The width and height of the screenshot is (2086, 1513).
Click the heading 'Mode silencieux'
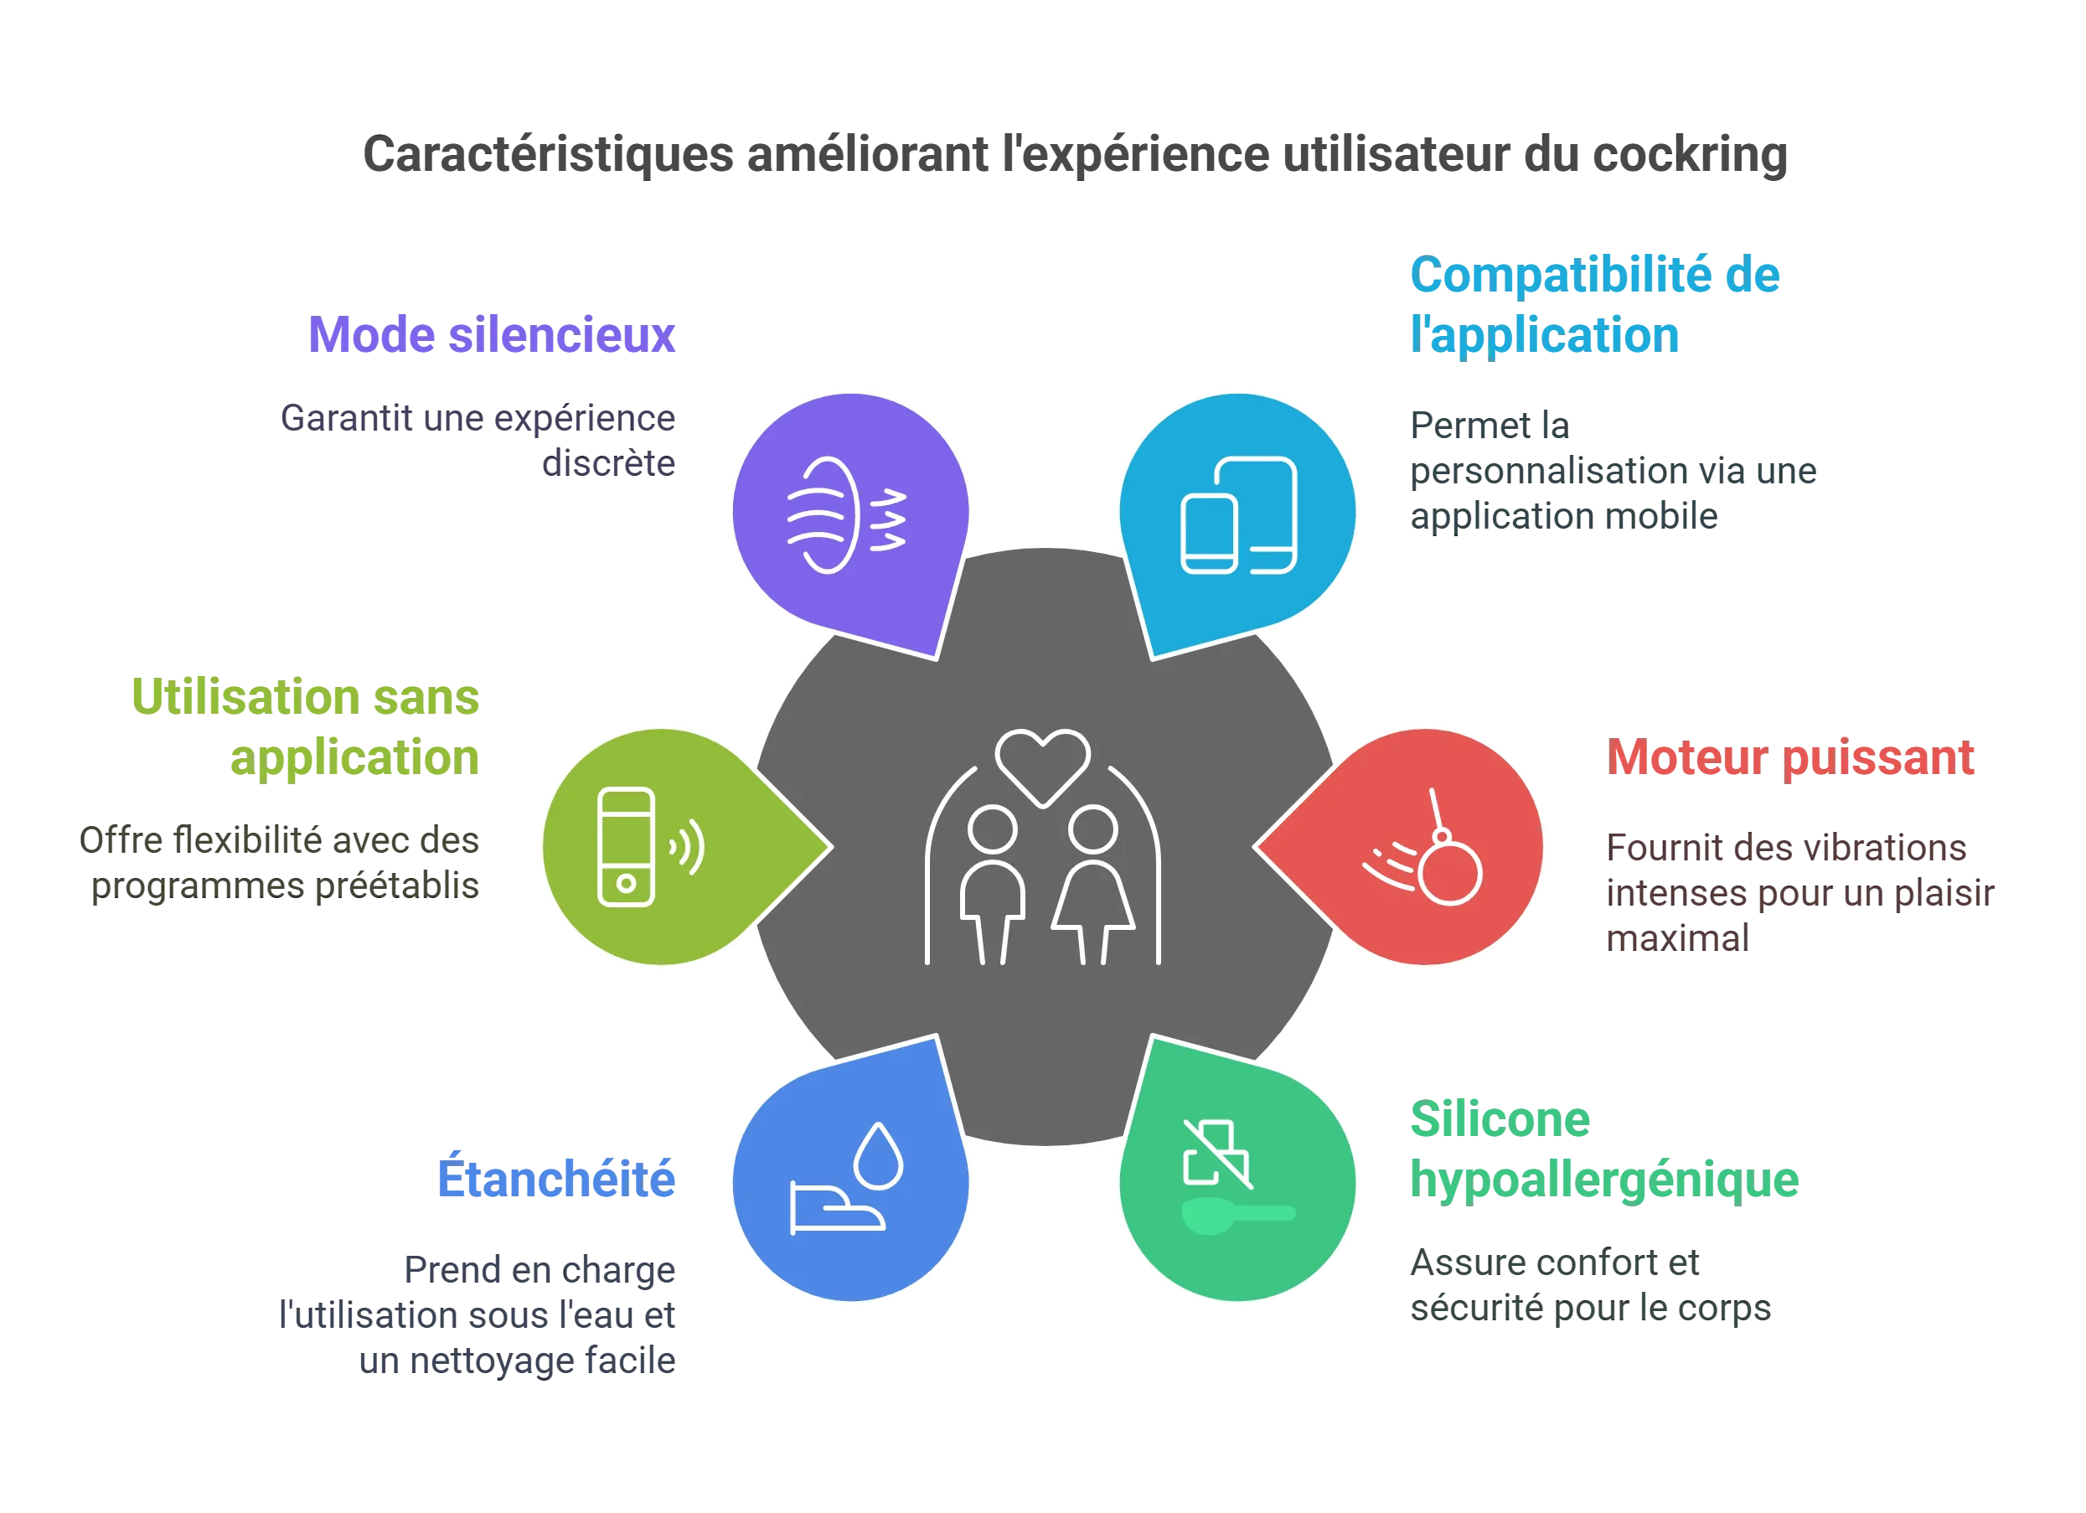coord(491,335)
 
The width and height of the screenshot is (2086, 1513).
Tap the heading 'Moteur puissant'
coord(1789,758)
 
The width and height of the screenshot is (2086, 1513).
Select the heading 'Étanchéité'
coord(556,1177)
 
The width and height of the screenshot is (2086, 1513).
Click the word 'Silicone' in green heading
coord(1500,1119)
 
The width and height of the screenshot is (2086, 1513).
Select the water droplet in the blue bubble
coord(878,1156)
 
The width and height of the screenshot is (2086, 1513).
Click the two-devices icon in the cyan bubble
coord(1238,515)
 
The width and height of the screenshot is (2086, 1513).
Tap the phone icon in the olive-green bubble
coord(627,847)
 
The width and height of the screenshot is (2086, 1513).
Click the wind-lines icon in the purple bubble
coord(846,515)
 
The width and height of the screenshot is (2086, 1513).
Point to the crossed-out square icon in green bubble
coord(1216,1154)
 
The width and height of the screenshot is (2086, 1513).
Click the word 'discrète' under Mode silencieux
coord(609,462)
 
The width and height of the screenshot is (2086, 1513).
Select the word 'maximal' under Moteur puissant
coord(1678,938)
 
